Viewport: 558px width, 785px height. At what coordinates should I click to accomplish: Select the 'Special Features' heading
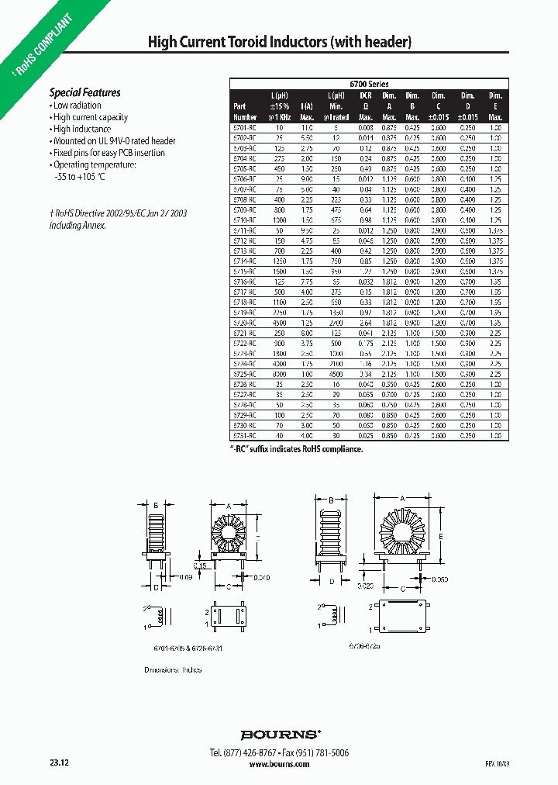pyautogui.click(x=84, y=92)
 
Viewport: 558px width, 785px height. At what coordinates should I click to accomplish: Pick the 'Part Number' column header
pyautogui.click(x=239, y=112)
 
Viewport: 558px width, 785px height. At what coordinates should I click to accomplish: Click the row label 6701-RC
pyautogui.click(x=244, y=126)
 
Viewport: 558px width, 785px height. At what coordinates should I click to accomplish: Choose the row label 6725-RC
pyautogui.click(x=244, y=373)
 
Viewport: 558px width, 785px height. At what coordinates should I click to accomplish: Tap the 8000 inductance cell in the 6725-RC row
pyautogui.click(x=280, y=373)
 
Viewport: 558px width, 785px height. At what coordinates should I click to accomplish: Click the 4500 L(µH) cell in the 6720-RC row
pyautogui.click(x=280, y=321)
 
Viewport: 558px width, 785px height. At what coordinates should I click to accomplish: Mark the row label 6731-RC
pyautogui.click(x=244, y=436)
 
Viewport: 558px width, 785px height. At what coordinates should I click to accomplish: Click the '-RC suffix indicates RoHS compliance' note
pyautogui.click(x=297, y=448)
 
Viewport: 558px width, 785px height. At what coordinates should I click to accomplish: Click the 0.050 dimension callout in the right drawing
pyautogui.click(x=439, y=579)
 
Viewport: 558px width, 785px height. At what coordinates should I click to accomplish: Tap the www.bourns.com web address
pyautogui.click(x=280, y=764)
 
